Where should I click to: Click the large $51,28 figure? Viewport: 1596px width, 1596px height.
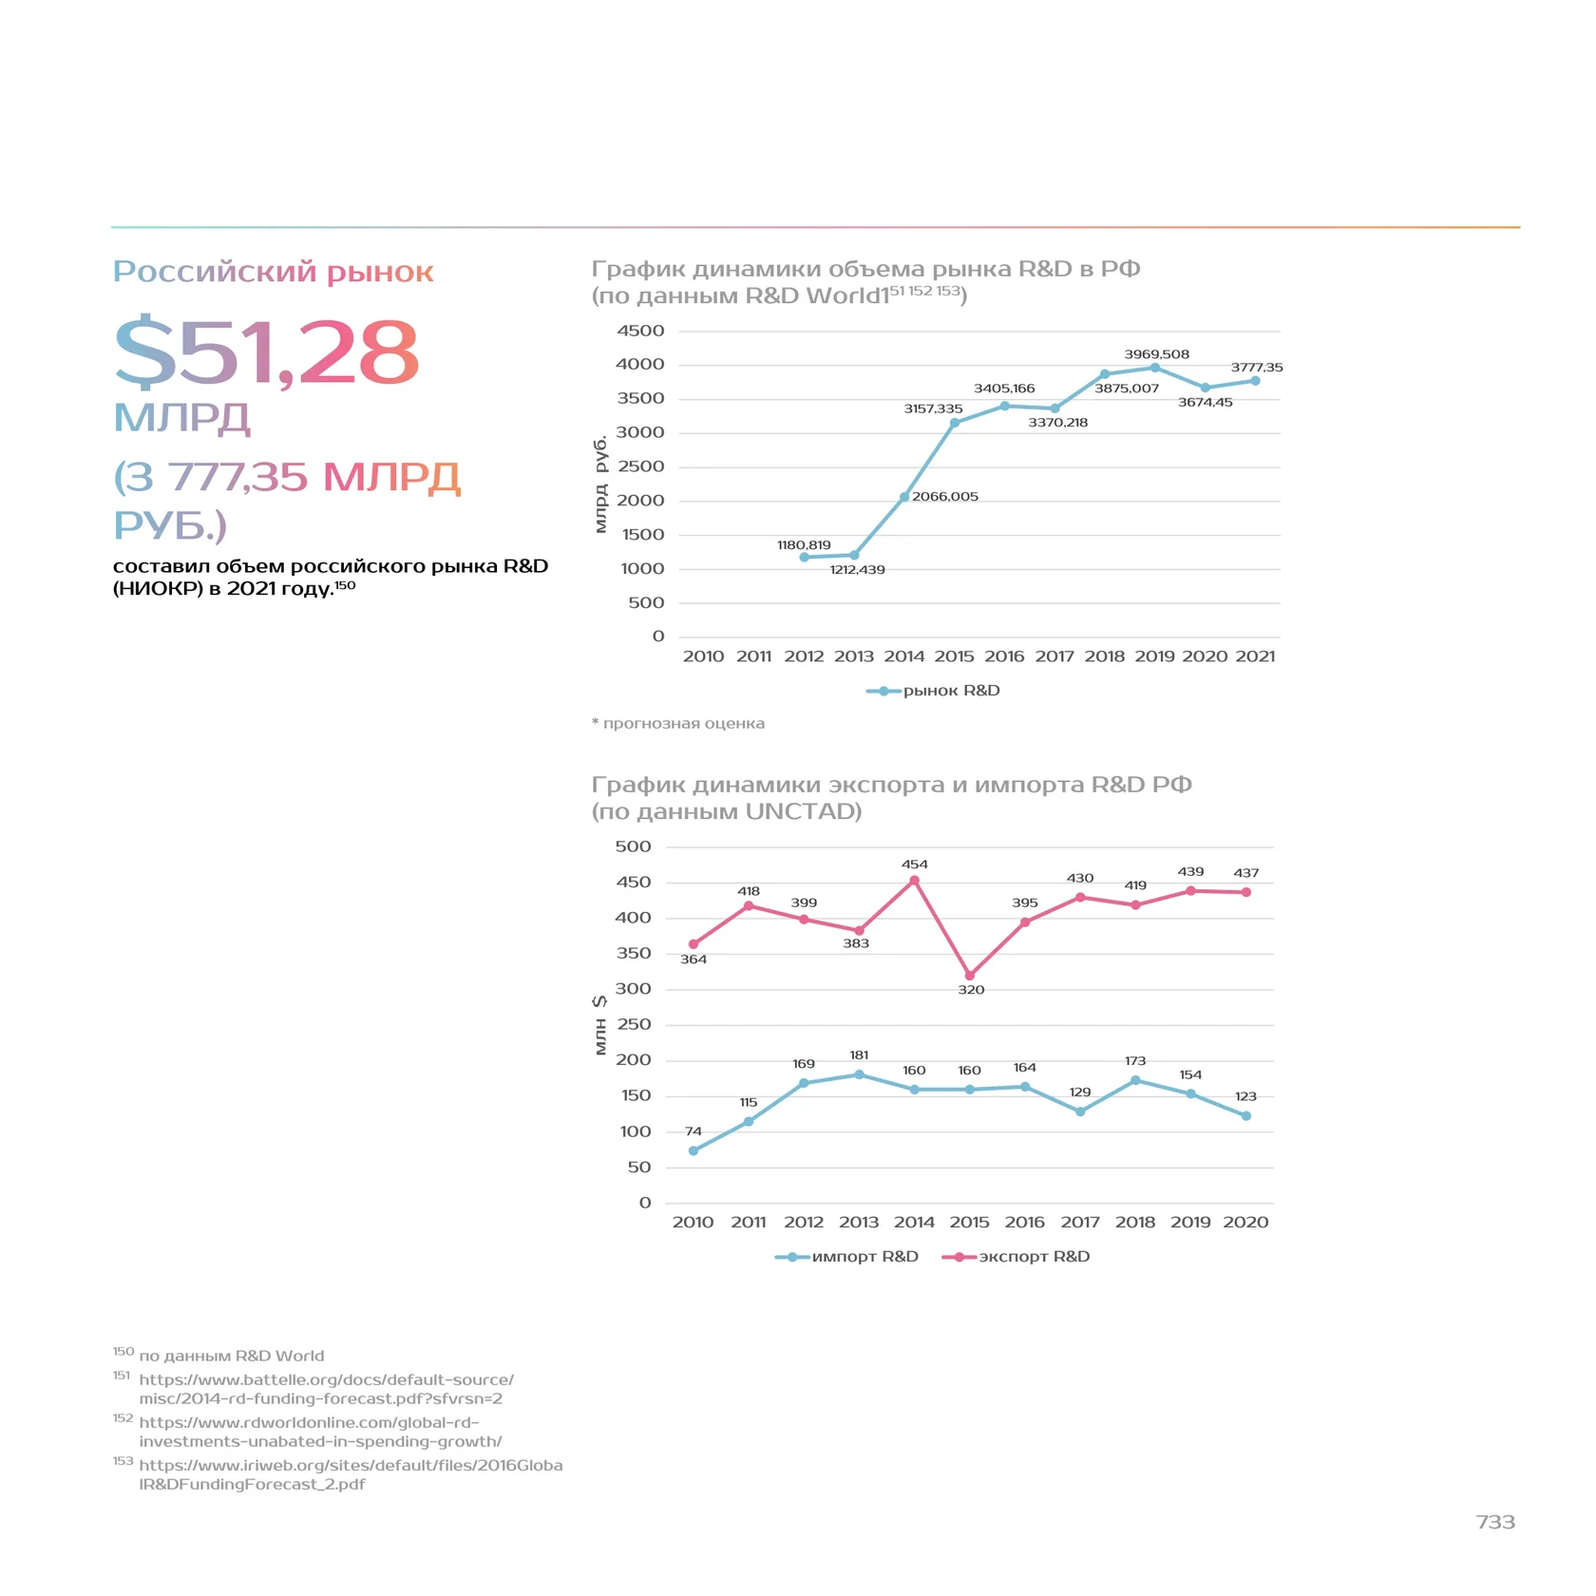[x=266, y=351]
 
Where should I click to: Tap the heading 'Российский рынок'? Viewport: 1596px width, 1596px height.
[x=274, y=272]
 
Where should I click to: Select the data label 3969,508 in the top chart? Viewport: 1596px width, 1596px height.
[x=1156, y=354]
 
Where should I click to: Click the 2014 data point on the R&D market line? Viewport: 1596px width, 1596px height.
[x=904, y=497]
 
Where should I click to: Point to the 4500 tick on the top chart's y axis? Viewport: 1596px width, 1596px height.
[x=640, y=331]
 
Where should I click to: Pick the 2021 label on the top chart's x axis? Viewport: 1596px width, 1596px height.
[x=1255, y=656]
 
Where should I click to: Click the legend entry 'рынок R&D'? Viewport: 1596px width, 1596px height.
[x=933, y=691]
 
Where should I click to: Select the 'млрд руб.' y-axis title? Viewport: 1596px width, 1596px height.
[x=600, y=484]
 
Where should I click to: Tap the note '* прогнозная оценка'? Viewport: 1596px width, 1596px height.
[x=678, y=724]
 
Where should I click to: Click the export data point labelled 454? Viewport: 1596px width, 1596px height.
[x=915, y=881]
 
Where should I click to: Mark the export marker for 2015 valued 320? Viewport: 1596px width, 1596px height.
[x=970, y=976]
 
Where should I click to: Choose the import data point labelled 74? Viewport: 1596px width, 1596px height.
[x=693, y=1150]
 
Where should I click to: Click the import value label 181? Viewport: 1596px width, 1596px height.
[x=859, y=1055]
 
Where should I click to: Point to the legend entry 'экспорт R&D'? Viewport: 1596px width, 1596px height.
[x=1016, y=1257]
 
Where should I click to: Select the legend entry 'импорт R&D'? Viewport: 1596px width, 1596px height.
[x=846, y=1257]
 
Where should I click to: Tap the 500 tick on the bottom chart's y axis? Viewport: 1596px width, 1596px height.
[x=633, y=846]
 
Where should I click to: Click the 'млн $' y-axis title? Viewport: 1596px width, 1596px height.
[x=600, y=1025]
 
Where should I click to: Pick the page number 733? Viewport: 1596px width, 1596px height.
[x=1495, y=1523]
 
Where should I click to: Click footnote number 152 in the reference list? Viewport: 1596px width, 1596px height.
[x=123, y=1418]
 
